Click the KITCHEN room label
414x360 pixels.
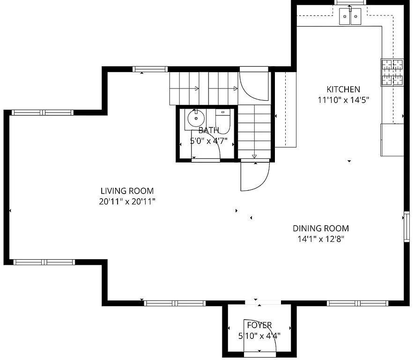[343, 89]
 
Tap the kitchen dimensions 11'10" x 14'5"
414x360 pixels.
[343, 99]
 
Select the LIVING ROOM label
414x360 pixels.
[127, 191]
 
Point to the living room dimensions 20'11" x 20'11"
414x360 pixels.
[127, 202]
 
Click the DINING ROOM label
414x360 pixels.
[321, 228]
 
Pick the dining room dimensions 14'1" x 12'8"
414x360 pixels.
[321, 239]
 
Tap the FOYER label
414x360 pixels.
[259, 325]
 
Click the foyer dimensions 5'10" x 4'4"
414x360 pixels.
[259, 336]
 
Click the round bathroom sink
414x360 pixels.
[196, 118]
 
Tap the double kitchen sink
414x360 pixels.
[351, 17]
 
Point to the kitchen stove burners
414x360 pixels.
[392, 73]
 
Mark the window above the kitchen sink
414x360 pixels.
[350, 2]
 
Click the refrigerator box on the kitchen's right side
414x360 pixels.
[392, 139]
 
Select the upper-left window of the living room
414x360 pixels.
[43, 112]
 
